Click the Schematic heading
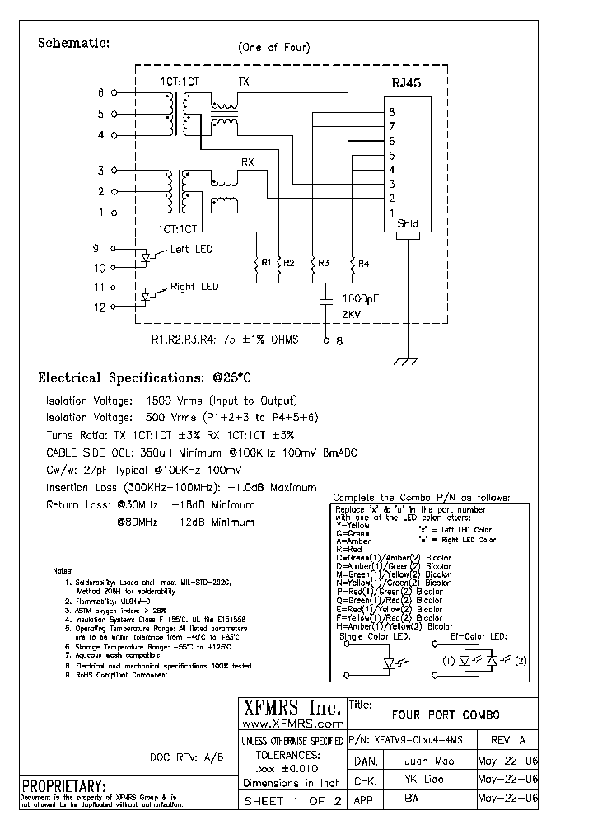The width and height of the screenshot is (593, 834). [74, 43]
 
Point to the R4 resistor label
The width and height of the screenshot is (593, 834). [364, 263]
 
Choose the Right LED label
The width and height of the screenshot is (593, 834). [194, 287]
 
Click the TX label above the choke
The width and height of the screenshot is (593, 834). [245, 82]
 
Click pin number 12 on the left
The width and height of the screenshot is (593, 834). [99, 307]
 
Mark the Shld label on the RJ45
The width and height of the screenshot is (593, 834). [408, 224]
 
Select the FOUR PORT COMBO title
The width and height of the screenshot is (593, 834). [445, 715]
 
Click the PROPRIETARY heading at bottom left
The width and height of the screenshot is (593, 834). [63, 785]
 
